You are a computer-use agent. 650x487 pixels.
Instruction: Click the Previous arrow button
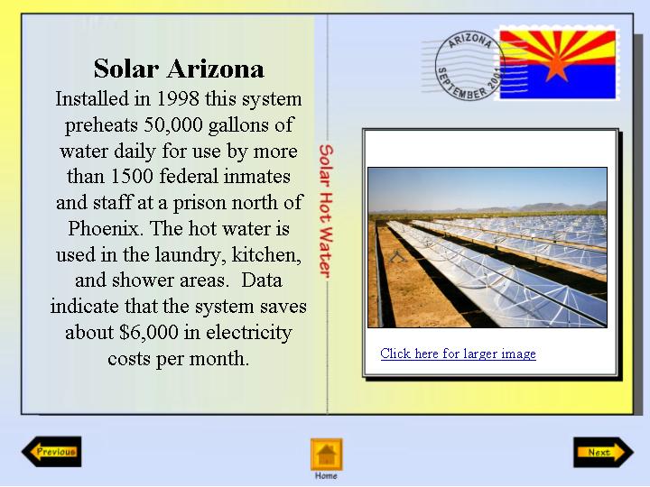pos(51,452)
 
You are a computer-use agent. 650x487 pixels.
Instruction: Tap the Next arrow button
pos(604,452)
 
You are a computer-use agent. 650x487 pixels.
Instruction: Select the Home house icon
pos(327,455)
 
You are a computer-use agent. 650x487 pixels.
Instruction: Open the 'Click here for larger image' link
pos(458,354)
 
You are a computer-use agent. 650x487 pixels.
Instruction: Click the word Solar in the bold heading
pos(126,69)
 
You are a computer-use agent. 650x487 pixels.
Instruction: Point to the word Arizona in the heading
pos(216,69)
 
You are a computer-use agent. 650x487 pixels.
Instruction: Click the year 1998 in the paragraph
pos(178,99)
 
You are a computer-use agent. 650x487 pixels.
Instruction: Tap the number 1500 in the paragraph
pos(132,177)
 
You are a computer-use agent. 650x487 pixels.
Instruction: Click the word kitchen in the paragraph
pos(266,254)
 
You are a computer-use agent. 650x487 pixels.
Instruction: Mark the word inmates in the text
pos(256,177)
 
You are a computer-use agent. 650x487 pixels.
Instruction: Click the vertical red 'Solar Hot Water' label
pos(326,211)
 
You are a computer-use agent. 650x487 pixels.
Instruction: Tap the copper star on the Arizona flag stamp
pos(556,67)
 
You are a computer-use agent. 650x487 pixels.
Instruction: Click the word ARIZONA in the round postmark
pos(470,41)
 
